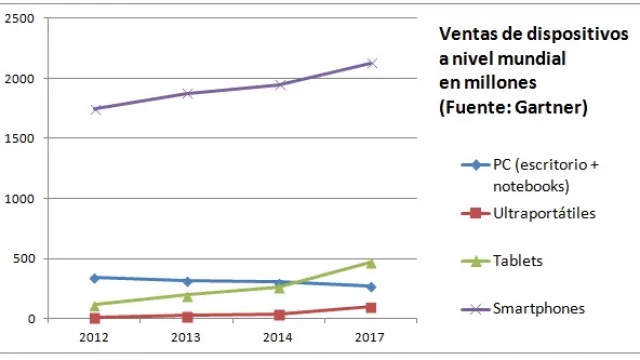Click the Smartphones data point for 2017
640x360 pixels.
pos(371,63)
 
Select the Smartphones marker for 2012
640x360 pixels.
pos(95,109)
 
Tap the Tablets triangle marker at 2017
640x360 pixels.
pos(371,263)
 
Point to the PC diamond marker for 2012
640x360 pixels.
pos(95,278)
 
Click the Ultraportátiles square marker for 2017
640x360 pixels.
pos(371,307)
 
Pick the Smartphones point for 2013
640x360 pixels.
pos(187,94)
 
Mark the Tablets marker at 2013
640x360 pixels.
pos(187,295)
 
